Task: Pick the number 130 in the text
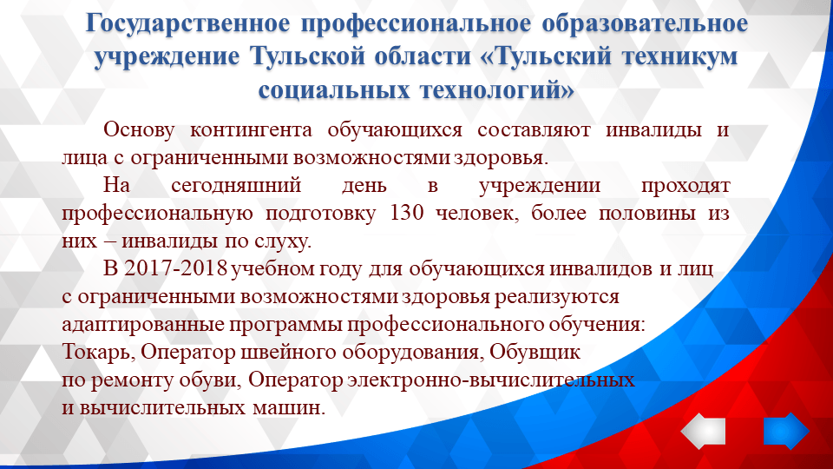[408, 213]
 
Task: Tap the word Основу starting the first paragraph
[139, 130]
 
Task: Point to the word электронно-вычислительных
[489, 380]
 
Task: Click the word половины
[615, 213]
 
